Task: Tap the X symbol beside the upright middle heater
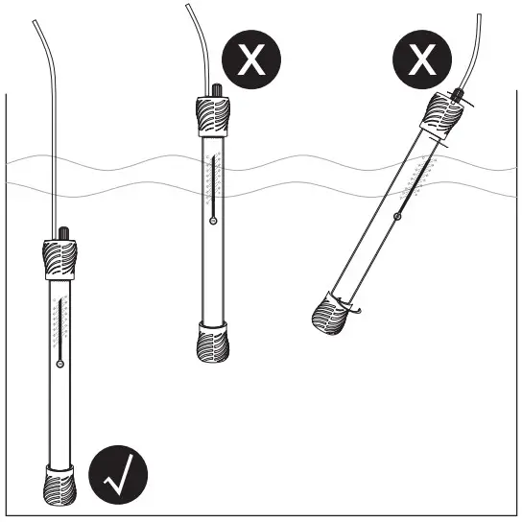pos(252,60)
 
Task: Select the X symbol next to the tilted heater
pos(422,60)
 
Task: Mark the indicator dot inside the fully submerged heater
pos(59,364)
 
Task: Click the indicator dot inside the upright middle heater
pos(212,221)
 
